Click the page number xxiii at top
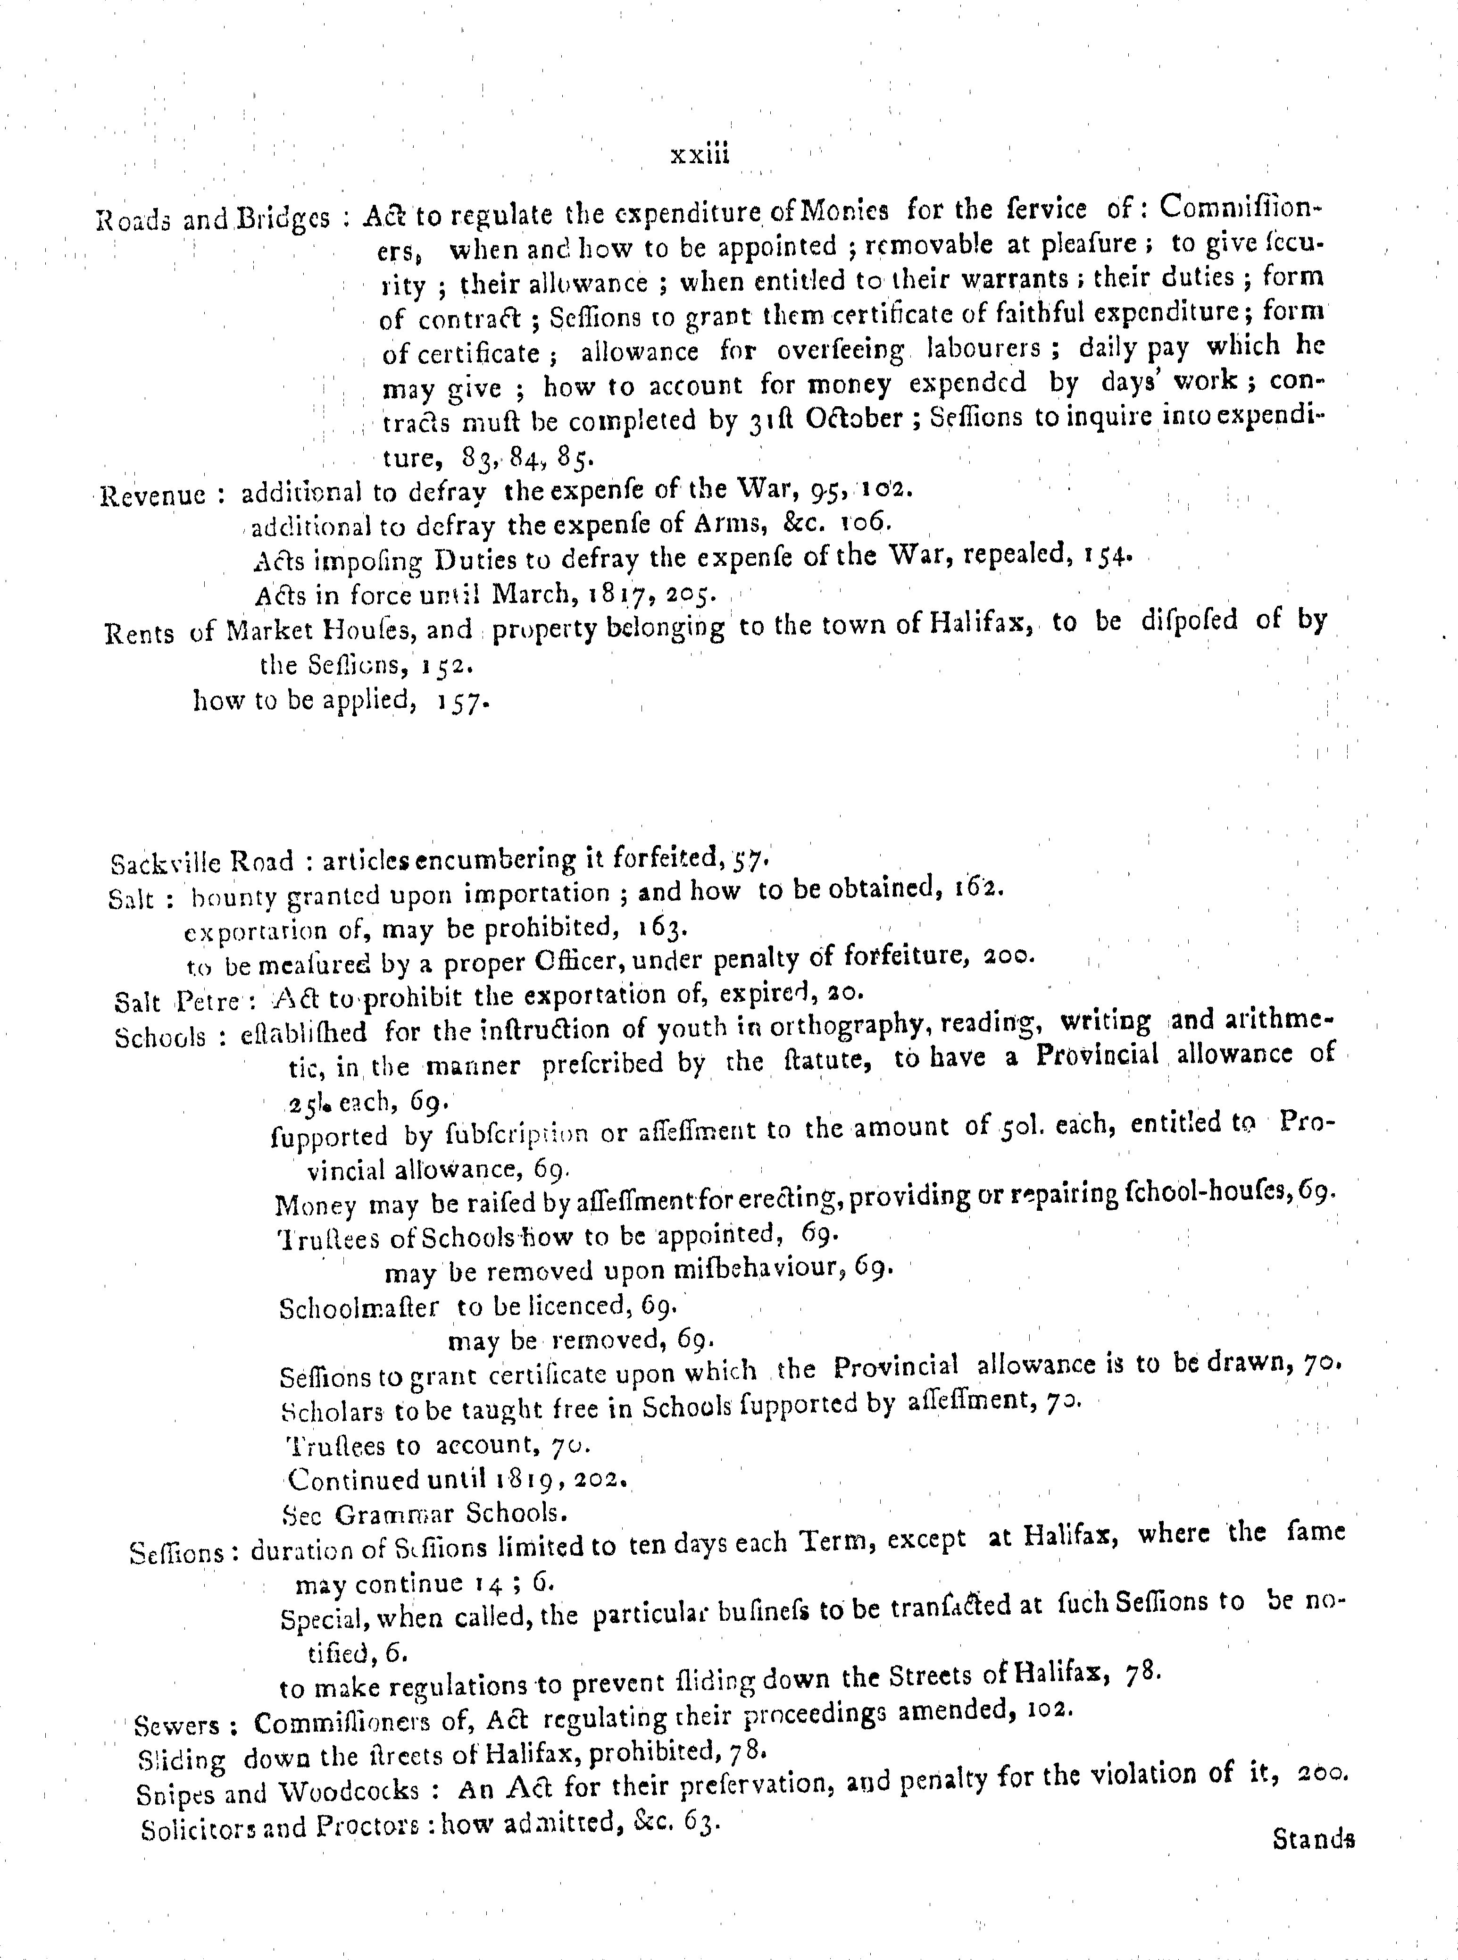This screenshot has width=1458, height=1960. point(700,154)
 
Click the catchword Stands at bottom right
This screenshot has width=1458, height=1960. point(1313,1839)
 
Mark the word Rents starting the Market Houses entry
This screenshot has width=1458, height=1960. point(139,634)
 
